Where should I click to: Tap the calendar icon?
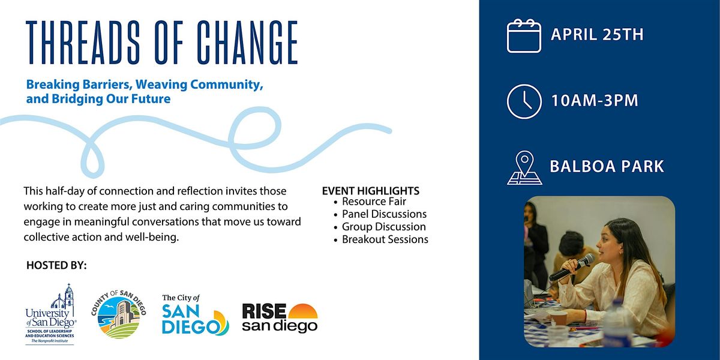tap(524, 36)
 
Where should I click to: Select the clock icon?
tap(524, 101)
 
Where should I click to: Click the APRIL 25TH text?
tap(597, 35)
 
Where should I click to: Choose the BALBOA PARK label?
tap(607, 166)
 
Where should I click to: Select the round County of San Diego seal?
tap(119, 313)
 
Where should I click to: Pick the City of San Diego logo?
tap(195, 315)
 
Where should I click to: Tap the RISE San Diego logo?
tap(280, 318)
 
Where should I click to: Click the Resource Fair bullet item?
tap(374, 202)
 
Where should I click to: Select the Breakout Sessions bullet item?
tap(385, 239)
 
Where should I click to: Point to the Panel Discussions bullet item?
tap(384, 214)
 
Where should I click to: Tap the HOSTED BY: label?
tap(56, 265)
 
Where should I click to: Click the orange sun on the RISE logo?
tap(302, 311)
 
